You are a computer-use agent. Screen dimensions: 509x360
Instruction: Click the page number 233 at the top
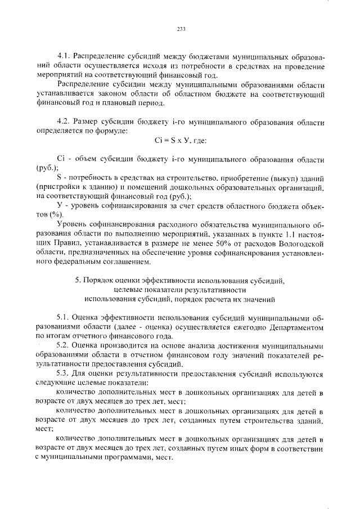181,29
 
